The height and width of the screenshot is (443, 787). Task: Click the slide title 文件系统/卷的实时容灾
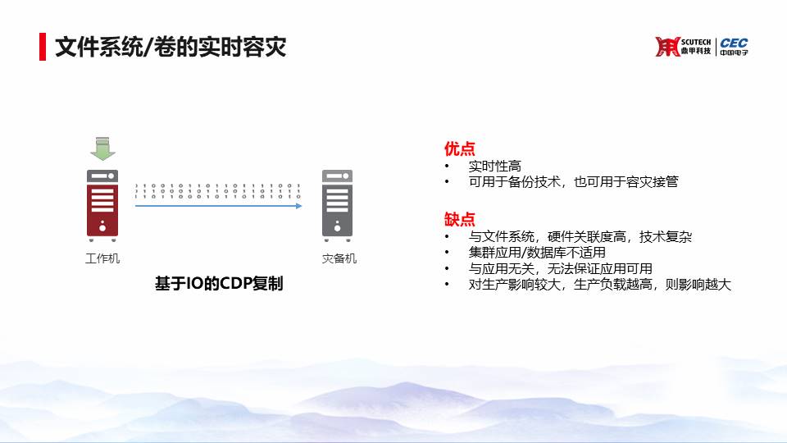point(171,47)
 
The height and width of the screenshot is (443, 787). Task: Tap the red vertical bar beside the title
point(43,47)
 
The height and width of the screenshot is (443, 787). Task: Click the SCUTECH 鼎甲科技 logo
point(683,46)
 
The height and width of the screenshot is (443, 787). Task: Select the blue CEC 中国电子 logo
point(734,46)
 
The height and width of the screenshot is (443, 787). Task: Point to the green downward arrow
point(102,148)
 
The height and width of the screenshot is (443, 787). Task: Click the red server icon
point(102,205)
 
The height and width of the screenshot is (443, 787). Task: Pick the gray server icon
point(337,205)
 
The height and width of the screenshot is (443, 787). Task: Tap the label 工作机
point(102,258)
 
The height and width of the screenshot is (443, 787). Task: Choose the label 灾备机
point(339,258)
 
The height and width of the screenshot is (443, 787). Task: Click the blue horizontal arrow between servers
point(219,206)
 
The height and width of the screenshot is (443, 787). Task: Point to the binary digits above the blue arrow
point(218,191)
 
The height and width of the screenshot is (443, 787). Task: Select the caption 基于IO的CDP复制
point(219,284)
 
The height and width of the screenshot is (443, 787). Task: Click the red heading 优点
point(459,148)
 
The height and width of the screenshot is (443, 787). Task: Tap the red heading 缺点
point(459,220)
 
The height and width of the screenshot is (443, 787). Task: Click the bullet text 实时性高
point(495,167)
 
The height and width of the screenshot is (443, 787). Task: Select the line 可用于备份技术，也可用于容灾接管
point(573,182)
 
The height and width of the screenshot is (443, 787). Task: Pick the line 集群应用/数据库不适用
point(537,252)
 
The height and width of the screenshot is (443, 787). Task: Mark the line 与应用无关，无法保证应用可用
point(560,269)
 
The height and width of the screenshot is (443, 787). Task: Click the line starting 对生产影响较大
point(600,285)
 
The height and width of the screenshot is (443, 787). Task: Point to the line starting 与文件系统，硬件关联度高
point(580,236)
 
